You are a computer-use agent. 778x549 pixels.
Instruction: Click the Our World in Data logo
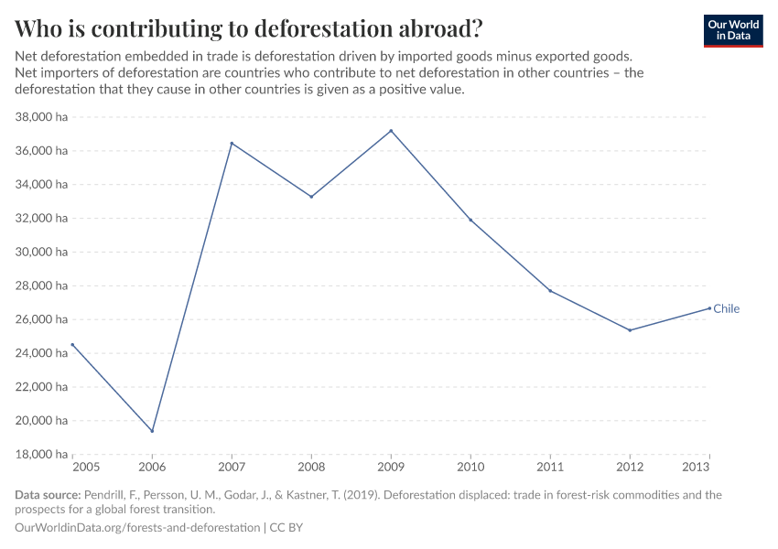[732, 30]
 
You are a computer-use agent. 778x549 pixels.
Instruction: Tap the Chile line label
[726, 308]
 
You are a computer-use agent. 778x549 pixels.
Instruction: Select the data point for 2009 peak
[391, 131]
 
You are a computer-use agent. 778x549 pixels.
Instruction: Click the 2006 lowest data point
[152, 431]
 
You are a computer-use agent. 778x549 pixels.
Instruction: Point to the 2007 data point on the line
[232, 144]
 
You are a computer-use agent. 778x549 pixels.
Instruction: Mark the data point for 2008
[311, 197]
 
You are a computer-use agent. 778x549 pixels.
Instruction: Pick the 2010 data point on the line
[470, 220]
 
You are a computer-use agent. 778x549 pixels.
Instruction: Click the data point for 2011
[550, 291]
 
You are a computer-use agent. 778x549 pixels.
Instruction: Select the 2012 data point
[630, 330]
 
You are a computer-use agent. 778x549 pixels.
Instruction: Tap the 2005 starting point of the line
[72, 345]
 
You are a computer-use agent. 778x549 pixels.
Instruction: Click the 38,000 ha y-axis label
[42, 117]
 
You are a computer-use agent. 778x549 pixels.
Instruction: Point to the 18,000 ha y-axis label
[42, 454]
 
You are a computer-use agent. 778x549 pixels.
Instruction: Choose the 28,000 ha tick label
[42, 285]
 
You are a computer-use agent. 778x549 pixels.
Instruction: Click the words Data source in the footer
[48, 495]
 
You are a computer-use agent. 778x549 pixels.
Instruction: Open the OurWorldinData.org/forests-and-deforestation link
[137, 528]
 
